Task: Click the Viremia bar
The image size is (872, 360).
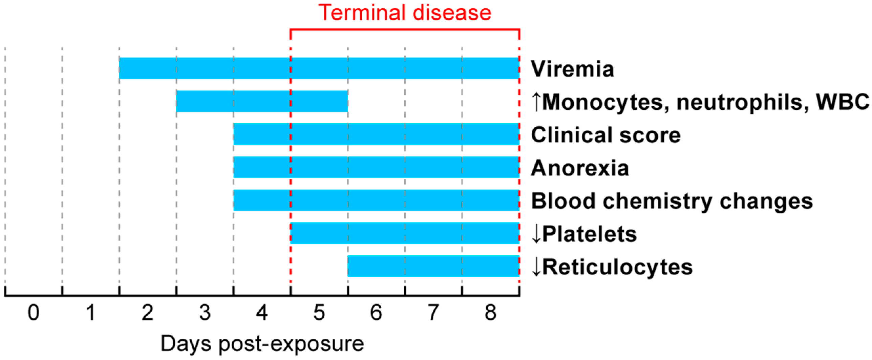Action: click(x=319, y=68)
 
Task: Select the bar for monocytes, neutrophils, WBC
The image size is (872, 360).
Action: click(x=262, y=101)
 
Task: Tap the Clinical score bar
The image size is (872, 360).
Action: click(x=376, y=134)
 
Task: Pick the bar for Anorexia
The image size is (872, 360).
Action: click(x=376, y=167)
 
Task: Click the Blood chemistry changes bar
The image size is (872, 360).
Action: click(x=376, y=200)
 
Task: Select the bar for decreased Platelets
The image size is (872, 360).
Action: click(x=405, y=233)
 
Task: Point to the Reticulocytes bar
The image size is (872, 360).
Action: click(x=433, y=266)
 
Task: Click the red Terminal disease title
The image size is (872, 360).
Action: click(x=405, y=13)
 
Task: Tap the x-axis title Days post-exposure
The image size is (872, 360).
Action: click(x=262, y=344)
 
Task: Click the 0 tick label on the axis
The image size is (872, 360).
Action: click(x=33, y=312)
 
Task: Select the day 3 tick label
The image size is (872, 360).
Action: click(x=205, y=312)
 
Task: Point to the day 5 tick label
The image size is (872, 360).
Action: click(x=319, y=312)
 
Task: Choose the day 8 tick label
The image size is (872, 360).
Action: click(x=491, y=312)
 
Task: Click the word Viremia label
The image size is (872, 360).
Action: click(x=572, y=69)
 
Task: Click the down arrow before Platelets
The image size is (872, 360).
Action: click(x=536, y=234)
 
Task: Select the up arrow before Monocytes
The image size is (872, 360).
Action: click(x=536, y=102)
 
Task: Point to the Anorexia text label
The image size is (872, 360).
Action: click(x=580, y=168)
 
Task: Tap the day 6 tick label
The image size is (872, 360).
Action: click(x=376, y=312)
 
